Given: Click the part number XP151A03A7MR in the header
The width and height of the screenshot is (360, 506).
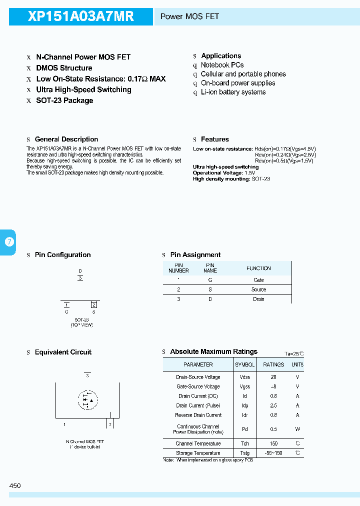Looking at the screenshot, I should [x=81, y=16].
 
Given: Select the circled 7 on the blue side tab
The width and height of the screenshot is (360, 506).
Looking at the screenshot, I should [x=9, y=242].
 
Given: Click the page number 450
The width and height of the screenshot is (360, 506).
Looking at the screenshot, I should [x=15, y=485].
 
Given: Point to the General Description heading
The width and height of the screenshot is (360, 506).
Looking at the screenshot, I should [x=66, y=139].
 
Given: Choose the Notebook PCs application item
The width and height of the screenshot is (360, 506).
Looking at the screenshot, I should [x=222, y=65].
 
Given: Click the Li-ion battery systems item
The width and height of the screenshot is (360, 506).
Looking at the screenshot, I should [x=233, y=92].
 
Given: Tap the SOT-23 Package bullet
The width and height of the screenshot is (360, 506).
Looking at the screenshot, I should [x=64, y=100].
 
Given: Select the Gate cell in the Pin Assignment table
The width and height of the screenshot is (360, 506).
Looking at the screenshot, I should [x=258, y=280].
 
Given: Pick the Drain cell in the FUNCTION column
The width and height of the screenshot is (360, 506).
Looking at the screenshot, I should [x=258, y=299].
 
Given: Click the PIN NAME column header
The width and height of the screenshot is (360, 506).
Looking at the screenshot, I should [x=210, y=268].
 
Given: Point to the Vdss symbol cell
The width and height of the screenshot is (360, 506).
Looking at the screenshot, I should [x=245, y=377].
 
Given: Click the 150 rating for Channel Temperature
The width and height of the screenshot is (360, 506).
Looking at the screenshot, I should [x=273, y=443].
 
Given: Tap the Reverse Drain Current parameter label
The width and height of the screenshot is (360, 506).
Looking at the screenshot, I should [x=198, y=415].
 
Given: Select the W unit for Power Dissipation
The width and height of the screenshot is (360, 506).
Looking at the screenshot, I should [x=297, y=429].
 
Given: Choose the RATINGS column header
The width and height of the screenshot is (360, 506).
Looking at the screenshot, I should [x=273, y=364].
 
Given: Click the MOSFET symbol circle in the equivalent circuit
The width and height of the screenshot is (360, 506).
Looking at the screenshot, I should [x=88, y=399].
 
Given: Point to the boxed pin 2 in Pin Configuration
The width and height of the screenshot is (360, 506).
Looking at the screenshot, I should [x=93, y=304].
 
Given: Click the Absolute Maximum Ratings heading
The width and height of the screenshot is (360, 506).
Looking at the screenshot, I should [x=213, y=352].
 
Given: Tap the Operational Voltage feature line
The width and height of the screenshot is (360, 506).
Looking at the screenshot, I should [x=224, y=172].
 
